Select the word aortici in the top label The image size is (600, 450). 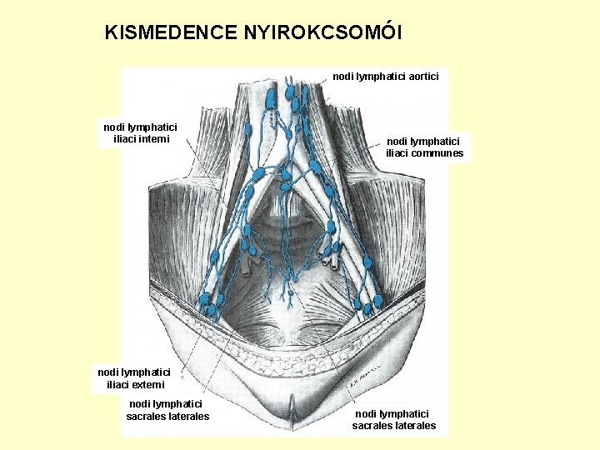pos(421,76)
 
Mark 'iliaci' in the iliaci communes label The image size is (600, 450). pos(400,153)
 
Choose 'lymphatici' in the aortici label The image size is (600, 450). pos(379,76)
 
